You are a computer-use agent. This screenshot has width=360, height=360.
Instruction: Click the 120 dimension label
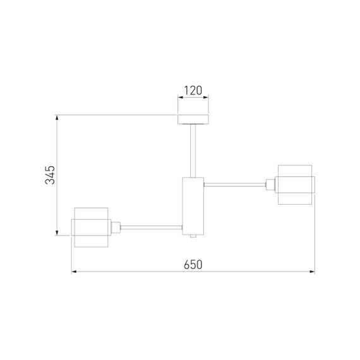[193, 90]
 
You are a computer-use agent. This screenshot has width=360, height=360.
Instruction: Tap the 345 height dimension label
[50, 175]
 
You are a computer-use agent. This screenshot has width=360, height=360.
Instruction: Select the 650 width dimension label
[193, 265]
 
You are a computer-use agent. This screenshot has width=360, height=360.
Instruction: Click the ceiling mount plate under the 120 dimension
[193, 119]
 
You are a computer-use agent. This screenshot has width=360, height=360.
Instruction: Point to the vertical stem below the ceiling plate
[193, 150]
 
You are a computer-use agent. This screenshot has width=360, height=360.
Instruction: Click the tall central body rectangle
[193, 206]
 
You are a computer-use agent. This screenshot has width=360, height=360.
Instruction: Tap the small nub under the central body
[193, 236]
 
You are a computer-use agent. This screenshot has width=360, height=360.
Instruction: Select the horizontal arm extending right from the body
[235, 184]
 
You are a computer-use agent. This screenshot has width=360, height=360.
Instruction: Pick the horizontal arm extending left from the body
[152, 227]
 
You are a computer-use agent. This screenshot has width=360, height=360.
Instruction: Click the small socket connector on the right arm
[270, 184]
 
